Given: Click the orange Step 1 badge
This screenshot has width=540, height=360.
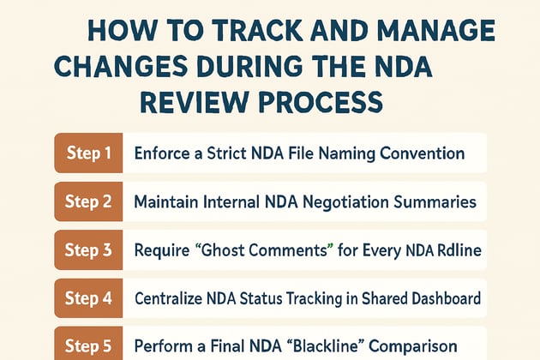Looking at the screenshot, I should (89, 154).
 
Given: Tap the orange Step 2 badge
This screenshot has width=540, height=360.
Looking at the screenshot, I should (89, 203).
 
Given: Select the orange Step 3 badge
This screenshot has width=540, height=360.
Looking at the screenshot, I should (89, 251).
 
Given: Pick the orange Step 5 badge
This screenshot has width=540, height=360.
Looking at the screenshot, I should (89, 346).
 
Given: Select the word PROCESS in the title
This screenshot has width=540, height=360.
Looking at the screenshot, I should (330, 102).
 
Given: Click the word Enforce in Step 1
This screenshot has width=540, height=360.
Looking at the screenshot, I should (163, 154).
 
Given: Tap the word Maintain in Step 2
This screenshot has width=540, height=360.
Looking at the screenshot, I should (167, 203).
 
